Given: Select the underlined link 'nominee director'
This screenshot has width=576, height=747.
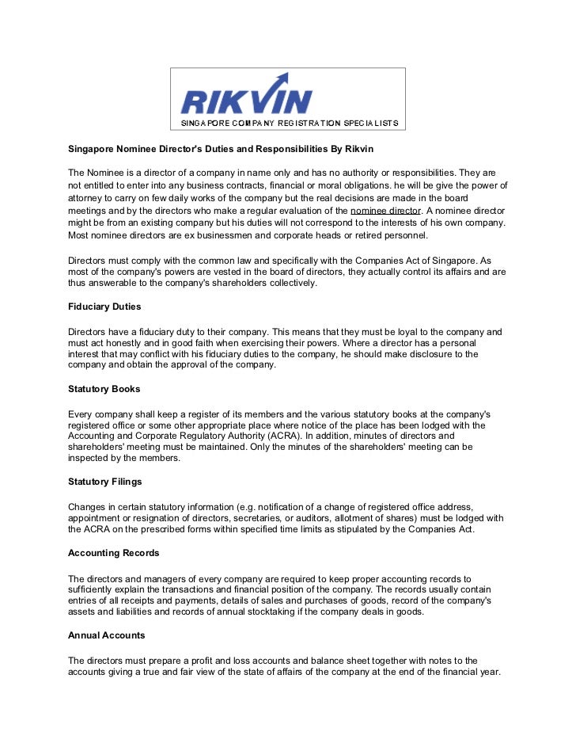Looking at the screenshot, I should [386, 211].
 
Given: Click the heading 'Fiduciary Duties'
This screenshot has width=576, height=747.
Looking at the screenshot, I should [104, 307].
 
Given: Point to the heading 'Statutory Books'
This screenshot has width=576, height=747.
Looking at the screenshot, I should [104, 390].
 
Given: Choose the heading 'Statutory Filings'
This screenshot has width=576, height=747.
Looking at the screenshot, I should [105, 481].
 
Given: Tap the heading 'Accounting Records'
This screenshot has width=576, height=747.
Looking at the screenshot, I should [113, 553].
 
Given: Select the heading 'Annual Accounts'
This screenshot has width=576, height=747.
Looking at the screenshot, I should [106, 635].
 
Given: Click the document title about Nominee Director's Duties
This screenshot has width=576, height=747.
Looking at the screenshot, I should [220, 149].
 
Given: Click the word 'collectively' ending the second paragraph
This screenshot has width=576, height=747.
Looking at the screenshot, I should [288, 283].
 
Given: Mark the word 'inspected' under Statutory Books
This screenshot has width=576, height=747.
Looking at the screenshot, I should [90, 458].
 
